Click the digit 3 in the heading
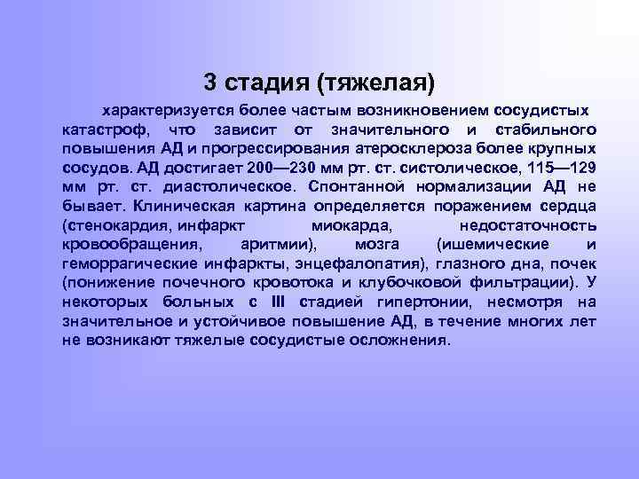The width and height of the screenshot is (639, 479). click(x=210, y=82)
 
